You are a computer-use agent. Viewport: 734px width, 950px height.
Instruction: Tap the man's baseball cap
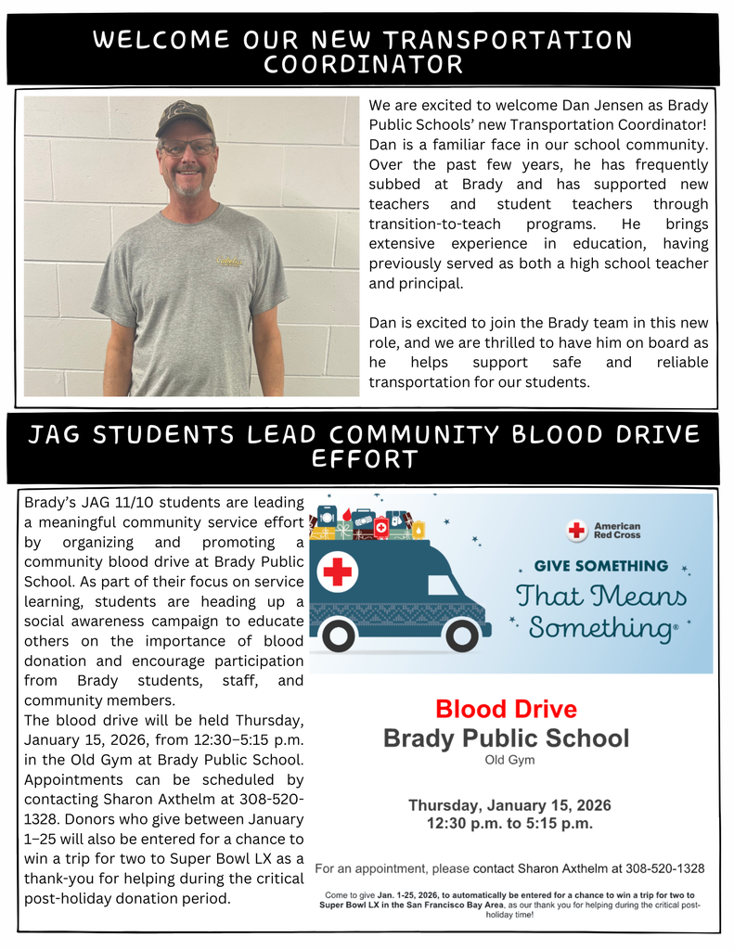pos(184,118)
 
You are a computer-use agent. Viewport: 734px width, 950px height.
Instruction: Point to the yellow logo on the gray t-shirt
pos(229,263)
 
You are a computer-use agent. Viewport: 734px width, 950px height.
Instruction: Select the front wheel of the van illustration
pos(460,635)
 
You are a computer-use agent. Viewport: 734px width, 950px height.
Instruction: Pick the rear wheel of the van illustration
pos(339,635)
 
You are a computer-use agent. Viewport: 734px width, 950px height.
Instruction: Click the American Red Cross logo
pos(604,531)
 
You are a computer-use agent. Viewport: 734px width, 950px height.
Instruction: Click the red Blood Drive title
pos(506,710)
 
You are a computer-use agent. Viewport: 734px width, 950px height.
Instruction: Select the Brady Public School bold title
pos(506,738)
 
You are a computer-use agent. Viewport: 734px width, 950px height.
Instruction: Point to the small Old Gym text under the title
pos(509,760)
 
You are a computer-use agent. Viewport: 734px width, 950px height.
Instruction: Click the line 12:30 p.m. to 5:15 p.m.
pos(509,824)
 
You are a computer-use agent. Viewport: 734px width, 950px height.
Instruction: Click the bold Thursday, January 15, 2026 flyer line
pos(509,804)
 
